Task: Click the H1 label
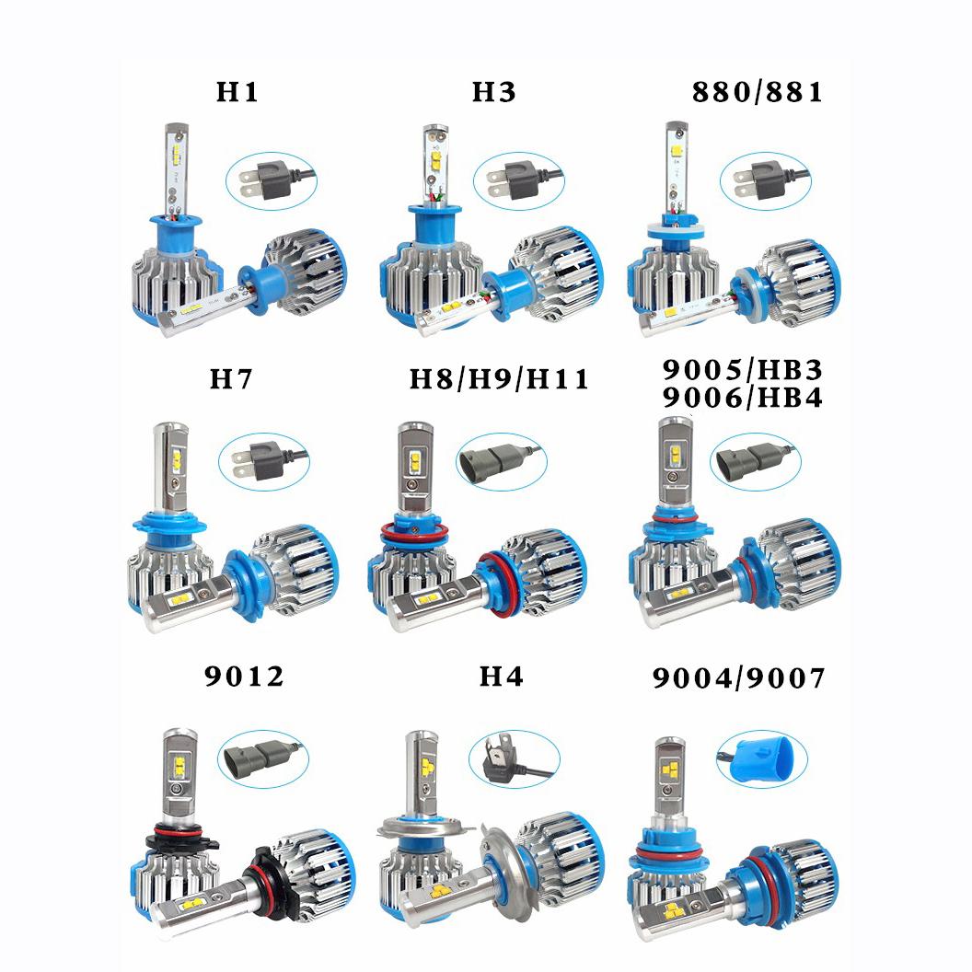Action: coord(237,93)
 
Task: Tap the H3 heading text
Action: coord(494,93)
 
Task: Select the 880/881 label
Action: coord(757,93)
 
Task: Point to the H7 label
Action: coord(230,379)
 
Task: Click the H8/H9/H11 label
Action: coord(499,379)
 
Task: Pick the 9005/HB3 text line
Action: coord(742,369)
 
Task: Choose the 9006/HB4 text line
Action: coord(742,398)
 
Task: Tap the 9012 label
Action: coord(244,677)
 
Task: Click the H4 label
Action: coord(501,677)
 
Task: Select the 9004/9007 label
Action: coord(738,678)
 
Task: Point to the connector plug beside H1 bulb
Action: coord(262,178)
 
